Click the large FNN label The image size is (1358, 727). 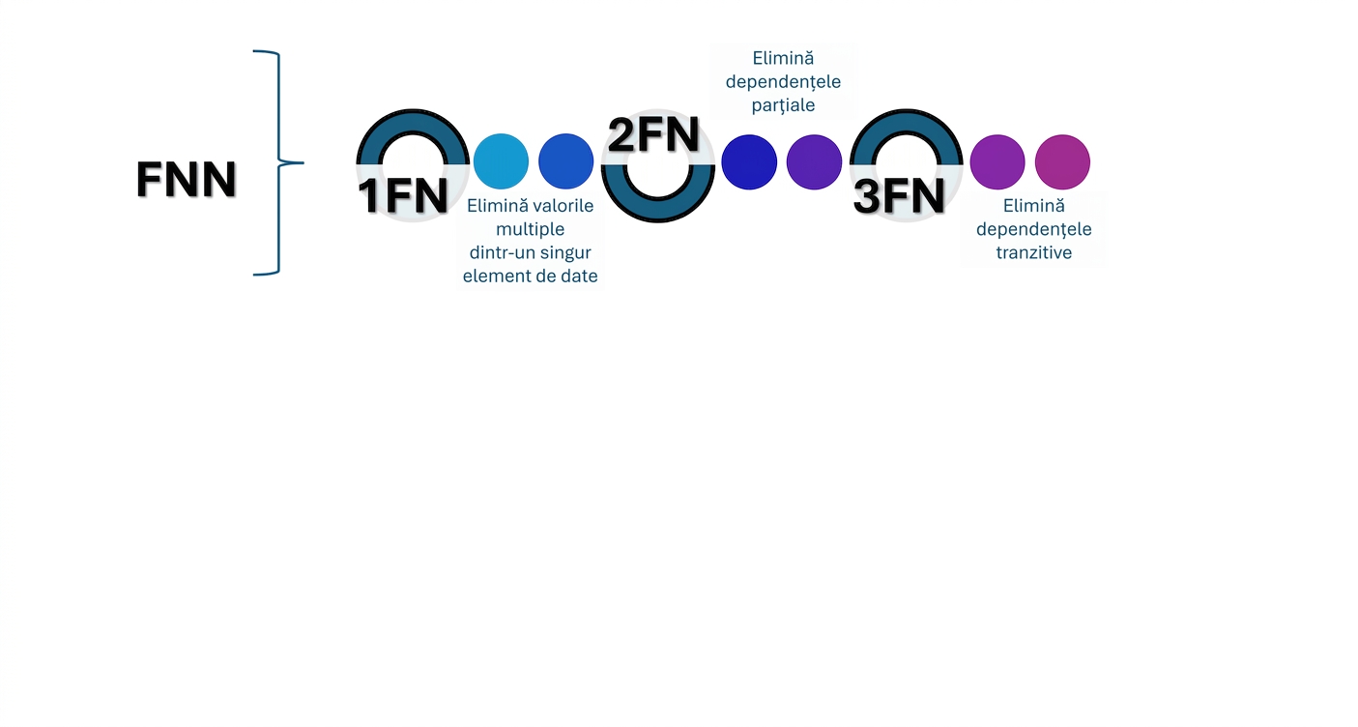(187, 180)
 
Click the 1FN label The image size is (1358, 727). (403, 196)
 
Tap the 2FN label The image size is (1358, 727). (653, 134)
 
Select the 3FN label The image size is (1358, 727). (899, 196)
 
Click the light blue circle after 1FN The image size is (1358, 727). (501, 161)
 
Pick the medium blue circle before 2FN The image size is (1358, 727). (565, 161)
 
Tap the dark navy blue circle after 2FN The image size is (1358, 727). (749, 161)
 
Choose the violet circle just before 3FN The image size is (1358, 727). (814, 161)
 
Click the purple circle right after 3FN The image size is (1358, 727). (997, 161)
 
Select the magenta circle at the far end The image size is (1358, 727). (1063, 161)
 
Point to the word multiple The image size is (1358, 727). (531, 229)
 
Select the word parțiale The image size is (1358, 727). (783, 105)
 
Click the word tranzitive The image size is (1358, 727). (1034, 253)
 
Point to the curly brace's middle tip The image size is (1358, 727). (303, 162)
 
